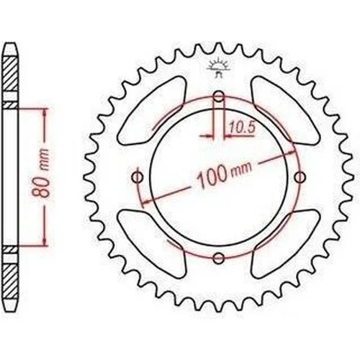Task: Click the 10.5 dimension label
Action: [241, 127]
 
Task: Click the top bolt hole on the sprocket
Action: [218, 97]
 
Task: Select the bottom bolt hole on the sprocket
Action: [218, 258]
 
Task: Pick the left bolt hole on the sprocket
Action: [138, 178]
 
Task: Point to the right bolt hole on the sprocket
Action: [300, 177]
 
